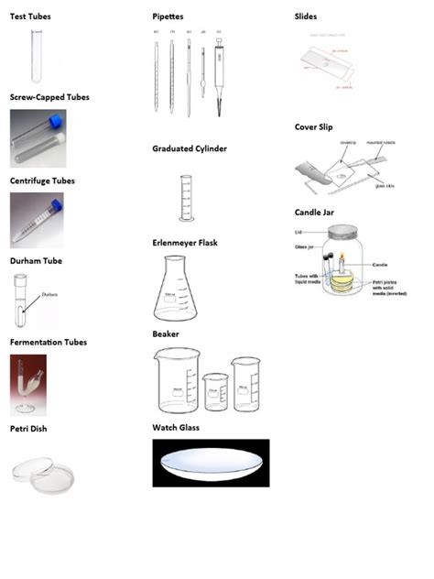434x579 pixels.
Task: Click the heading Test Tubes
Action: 30,17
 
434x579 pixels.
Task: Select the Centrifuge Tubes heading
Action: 42,181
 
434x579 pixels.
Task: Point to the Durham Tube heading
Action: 36,261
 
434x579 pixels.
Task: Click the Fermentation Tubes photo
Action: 28,385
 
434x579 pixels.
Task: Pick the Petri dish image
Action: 36,472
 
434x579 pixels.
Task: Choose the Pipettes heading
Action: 168,17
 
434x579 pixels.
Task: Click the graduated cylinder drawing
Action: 187,198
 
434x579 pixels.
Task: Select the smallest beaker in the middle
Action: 215,392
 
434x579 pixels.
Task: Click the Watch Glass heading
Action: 176,428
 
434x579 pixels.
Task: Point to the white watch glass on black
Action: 211,462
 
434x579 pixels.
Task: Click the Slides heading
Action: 306,17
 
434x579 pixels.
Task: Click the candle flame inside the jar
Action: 342,257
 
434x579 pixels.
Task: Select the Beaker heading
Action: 166,334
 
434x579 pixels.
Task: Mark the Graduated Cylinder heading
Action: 190,148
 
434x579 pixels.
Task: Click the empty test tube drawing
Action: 38,55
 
